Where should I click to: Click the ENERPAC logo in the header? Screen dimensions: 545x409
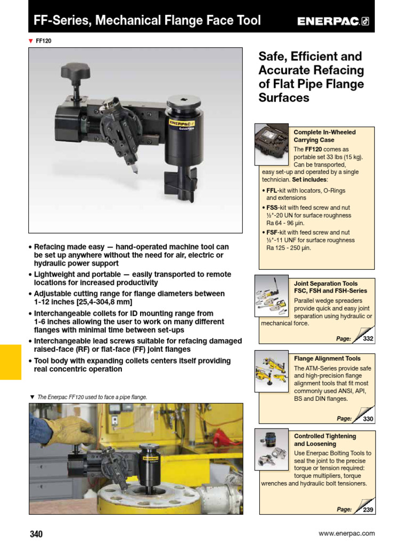[333, 21]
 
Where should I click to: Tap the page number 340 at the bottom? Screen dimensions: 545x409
[36, 534]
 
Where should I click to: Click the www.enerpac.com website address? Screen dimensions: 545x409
[347, 533]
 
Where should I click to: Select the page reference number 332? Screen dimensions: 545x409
[368, 338]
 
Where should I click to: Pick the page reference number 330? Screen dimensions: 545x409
[368, 419]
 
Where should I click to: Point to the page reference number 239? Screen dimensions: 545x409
[368, 509]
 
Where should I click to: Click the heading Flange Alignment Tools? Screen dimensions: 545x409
[327, 359]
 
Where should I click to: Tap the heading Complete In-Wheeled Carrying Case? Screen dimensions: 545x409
[324, 136]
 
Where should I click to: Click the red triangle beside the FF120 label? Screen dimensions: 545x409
[31, 40]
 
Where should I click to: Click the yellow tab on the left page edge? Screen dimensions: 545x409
[11, 362]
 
